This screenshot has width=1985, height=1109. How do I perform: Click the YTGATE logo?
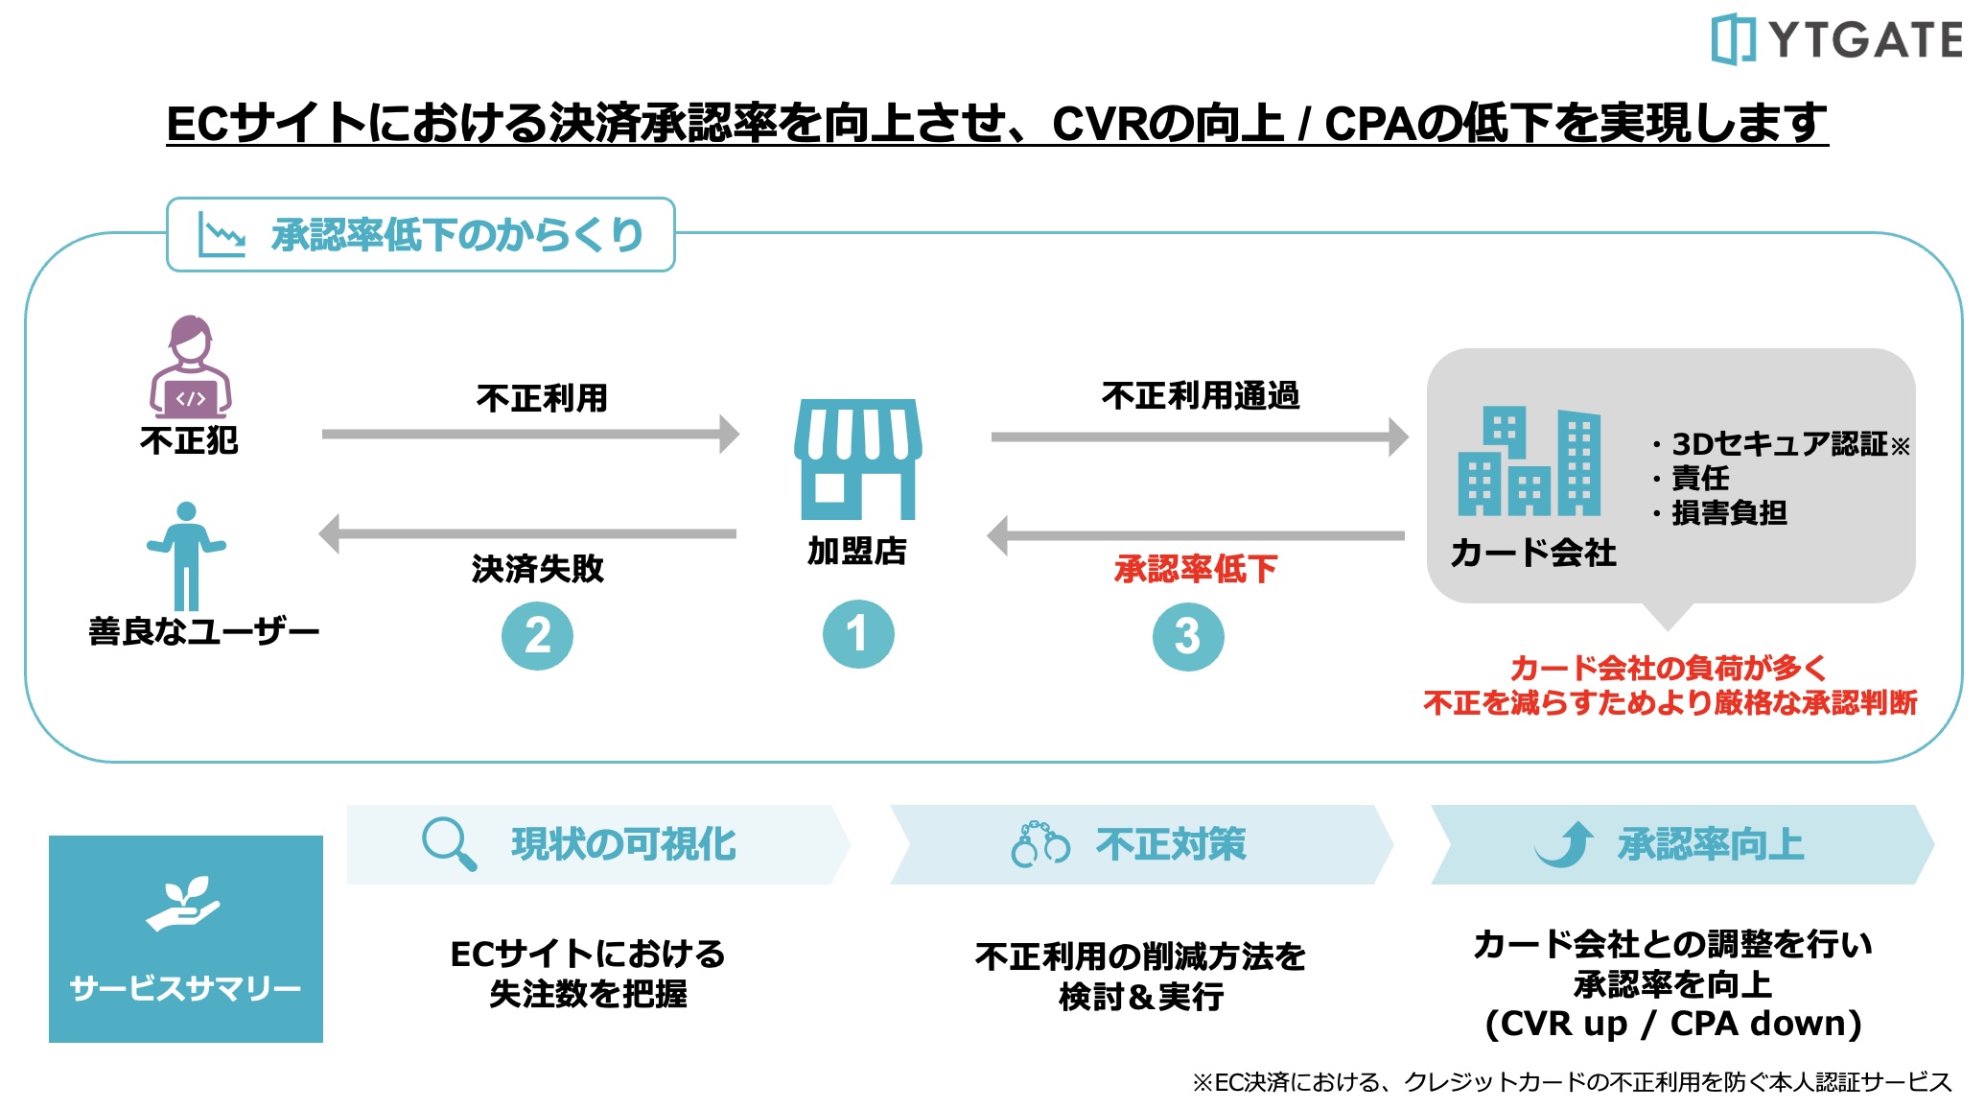coord(1835,39)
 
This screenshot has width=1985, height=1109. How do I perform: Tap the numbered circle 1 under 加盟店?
coord(858,634)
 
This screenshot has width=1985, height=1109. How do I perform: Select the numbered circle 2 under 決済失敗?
coord(537,635)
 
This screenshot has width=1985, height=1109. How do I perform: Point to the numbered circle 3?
coord(1187,636)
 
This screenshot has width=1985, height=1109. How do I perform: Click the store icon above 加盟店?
coord(858,460)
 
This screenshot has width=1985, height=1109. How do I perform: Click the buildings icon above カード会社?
coord(1530,462)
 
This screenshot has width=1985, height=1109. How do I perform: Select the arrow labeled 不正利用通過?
coord(1199,437)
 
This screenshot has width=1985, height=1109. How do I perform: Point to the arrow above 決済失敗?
coord(527,533)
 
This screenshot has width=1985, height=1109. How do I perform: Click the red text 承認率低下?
coord(1195,569)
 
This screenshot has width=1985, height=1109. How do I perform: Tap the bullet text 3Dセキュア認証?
coord(1779,444)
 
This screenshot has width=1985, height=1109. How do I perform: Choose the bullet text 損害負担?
coord(1729,513)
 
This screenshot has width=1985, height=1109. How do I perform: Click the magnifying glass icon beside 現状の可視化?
coord(449,843)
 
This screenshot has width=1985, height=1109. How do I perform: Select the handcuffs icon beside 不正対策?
coord(1040,844)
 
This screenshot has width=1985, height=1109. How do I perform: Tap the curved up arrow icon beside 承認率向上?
coord(1565,844)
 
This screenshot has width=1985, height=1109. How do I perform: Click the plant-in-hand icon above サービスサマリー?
coord(184,904)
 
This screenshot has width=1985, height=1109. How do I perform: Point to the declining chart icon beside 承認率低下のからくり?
coord(221,234)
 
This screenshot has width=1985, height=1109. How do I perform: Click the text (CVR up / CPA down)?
coord(1673,1024)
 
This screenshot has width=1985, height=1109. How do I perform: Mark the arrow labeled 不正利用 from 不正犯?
coord(530,434)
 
